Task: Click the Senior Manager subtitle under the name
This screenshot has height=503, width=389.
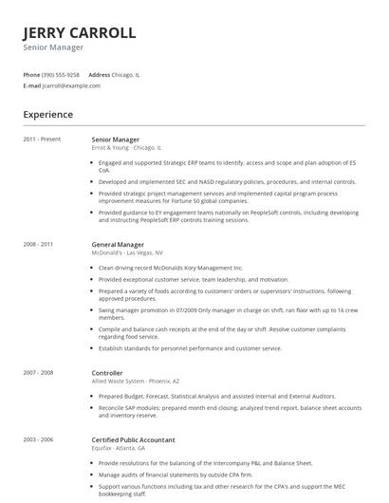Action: click(x=53, y=47)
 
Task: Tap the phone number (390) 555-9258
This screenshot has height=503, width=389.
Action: click(x=62, y=74)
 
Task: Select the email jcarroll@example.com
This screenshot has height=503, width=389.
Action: click(x=71, y=85)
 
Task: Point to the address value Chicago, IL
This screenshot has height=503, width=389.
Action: click(x=125, y=74)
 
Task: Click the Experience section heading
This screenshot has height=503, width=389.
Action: click(x=48, y=115)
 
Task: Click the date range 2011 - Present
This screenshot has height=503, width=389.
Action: click(x=42, y=140)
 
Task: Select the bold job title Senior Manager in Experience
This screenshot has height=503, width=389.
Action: click(x=115, y=140)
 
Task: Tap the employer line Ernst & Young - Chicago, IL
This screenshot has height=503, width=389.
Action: click(x=126, y=148)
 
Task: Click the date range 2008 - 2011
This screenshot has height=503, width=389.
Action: click(x=38, y=245)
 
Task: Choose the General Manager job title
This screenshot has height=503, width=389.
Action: click(x=118, y=245)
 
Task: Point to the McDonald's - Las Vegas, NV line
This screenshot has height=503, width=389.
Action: click(x=127, y=253)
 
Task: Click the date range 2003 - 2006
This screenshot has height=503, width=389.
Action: click(x=38, y=439)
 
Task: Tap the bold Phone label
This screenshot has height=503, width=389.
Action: click(x=31, y=74)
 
